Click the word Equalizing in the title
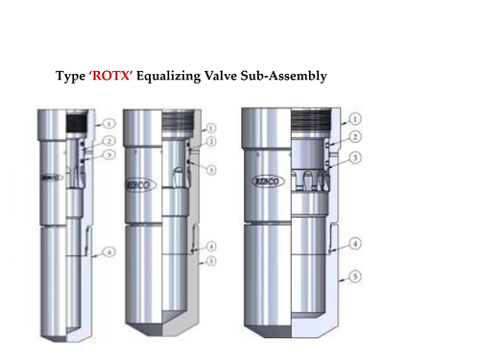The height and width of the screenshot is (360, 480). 172,76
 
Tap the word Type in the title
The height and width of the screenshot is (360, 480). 72,76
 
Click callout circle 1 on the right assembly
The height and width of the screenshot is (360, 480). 356,119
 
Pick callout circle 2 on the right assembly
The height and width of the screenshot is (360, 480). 356,137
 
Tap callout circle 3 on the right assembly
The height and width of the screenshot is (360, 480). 356,158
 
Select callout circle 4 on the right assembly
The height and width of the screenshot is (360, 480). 356,244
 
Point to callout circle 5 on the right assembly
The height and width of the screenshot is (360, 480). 356,277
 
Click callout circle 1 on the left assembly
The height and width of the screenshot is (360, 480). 109,123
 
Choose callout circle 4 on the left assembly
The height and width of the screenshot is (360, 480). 109,252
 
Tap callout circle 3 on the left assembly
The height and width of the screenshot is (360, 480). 109,154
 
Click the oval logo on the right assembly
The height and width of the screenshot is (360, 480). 267,180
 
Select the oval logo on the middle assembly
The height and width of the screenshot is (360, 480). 139,184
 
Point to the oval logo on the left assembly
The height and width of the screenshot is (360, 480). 50,178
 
